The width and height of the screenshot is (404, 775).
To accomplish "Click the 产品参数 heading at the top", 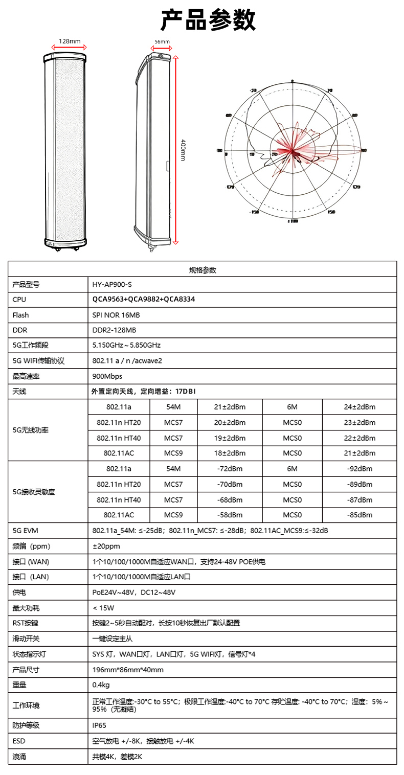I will [x=208, y=20].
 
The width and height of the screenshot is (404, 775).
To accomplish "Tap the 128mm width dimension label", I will [x=70, y=41].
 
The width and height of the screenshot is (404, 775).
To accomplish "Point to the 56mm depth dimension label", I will [x=162, y=42].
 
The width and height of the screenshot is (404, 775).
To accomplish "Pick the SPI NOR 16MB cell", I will [x=113, y=315].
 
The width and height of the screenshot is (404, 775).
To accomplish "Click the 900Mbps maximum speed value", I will [x=106, y=376].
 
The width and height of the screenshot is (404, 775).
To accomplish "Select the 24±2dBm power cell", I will [x=360, y=407].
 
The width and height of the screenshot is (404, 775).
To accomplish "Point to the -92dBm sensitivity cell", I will [x=360, y=469].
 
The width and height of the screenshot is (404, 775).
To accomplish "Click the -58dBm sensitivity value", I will [x=230, y=515].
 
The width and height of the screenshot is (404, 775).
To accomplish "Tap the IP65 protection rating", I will [x=99, y=725].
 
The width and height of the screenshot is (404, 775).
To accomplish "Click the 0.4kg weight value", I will [x=101, y=685].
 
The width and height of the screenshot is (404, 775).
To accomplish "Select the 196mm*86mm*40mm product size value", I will [x=128, y=670].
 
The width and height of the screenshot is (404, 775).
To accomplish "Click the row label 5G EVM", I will [x=25, y=531].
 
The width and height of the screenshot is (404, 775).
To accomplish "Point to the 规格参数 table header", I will [x=203, y=269].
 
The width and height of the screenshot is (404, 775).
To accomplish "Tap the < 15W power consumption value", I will [x=103, y=608].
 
